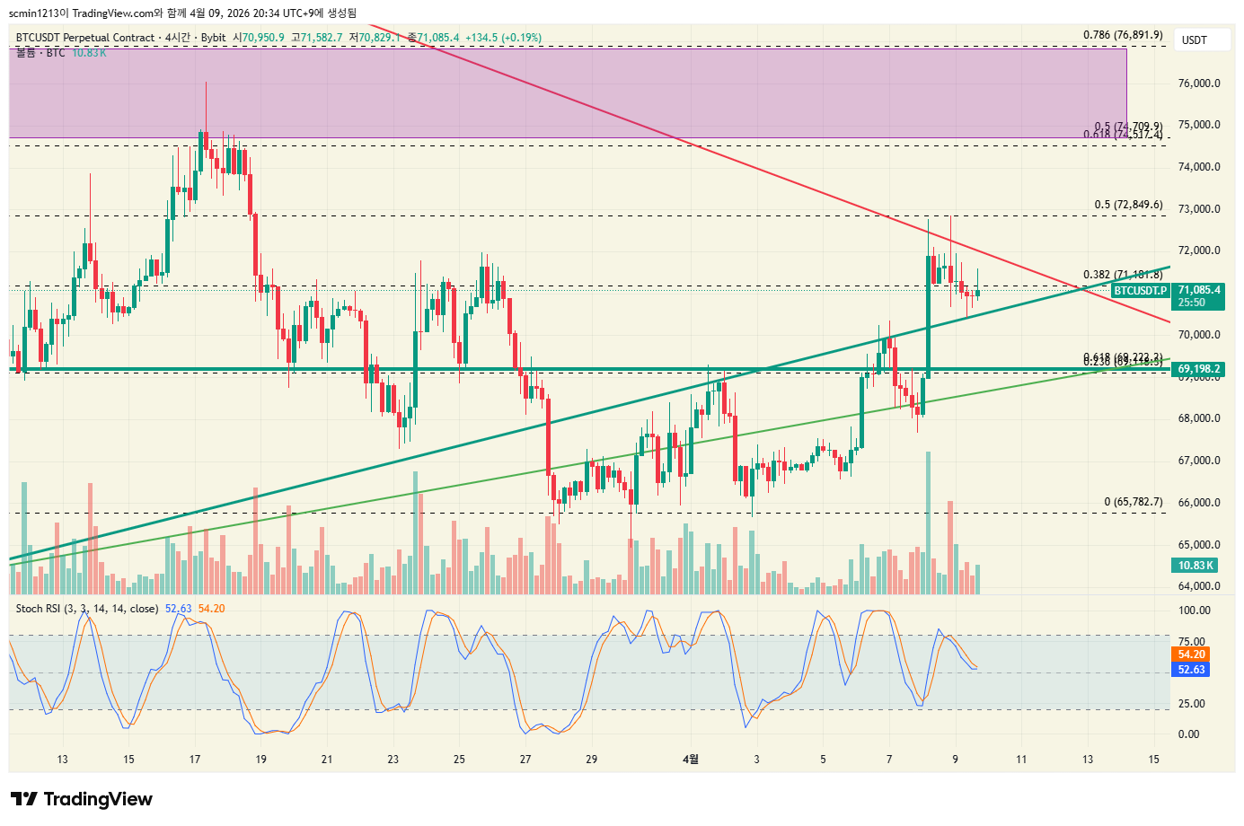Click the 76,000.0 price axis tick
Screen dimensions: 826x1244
pos(1199,83)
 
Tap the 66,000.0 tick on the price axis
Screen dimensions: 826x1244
pos(1199,503)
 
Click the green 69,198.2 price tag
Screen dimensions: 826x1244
pos(1198,369)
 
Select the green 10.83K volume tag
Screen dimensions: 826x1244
pos(1195,566)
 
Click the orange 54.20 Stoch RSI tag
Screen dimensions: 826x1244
pos(1191,655)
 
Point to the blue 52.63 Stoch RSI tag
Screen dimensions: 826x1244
pos(1191,670)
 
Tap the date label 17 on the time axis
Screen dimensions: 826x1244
pos(195,760)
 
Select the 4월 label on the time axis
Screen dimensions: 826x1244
pos(690,760)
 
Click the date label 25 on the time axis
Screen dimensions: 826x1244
pos(459,760)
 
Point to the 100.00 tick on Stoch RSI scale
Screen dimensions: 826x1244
pos(1194,611)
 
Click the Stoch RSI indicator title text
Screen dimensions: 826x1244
pos(87,609)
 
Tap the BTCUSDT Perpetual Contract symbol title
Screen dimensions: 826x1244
pos(85,38)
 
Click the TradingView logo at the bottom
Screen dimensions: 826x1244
pos(82,799)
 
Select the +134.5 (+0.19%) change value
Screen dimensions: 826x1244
pos(503,38)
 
